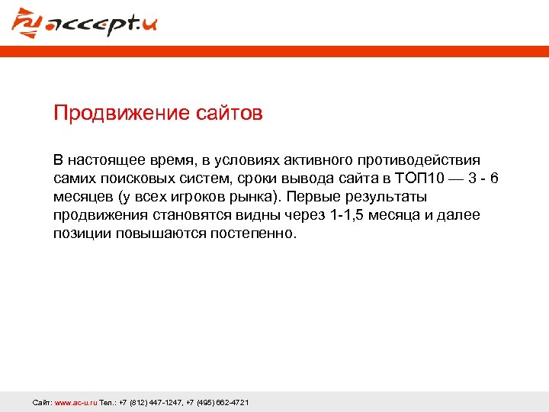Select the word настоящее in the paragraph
tap(104, 160)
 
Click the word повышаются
tap(156, 233)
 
